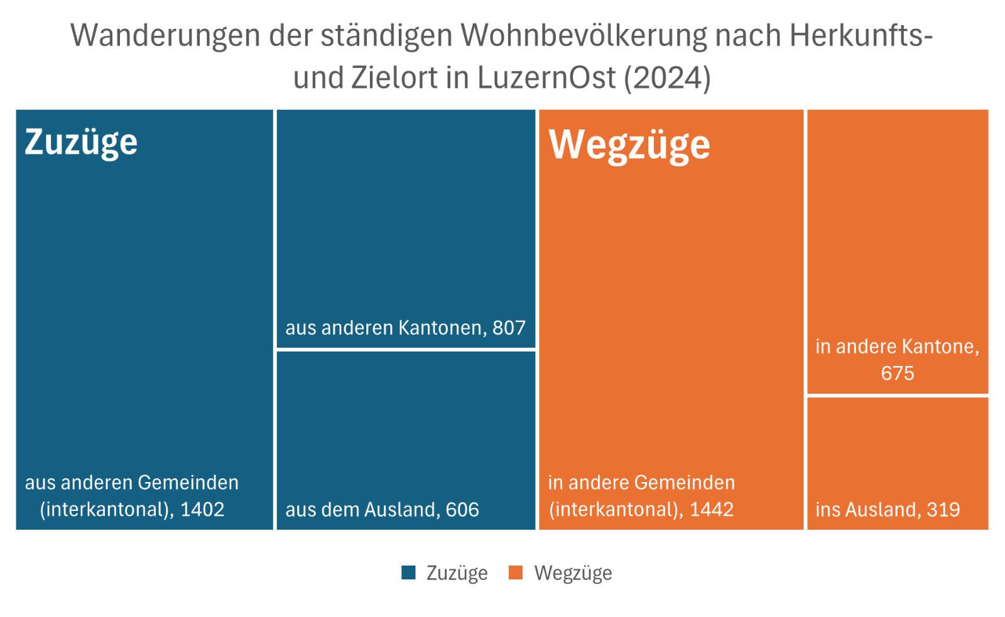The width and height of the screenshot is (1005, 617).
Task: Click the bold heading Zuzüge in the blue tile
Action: pos(81,142)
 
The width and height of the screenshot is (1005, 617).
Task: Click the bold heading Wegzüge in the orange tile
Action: pos(629,145)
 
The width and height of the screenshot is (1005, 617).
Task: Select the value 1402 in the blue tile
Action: pos(202,509)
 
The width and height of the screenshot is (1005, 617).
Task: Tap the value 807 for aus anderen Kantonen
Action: pos(509,328)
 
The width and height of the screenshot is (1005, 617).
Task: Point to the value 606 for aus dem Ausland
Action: pos(462,510)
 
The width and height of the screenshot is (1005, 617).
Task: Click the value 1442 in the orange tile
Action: pos(712,509)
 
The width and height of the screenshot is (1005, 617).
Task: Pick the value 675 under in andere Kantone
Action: pos(897,373)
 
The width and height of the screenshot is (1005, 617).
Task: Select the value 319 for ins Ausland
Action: pos(943,510)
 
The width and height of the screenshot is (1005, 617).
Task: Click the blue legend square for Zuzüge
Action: pos(408,572)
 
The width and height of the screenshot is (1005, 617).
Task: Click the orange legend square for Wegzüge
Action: pos(516,572)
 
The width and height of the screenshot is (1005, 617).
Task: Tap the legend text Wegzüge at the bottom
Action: pos(573,573)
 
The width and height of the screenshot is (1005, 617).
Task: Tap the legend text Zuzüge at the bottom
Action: pos(457,573)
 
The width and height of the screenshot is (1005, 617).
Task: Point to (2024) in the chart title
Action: pos(667,78)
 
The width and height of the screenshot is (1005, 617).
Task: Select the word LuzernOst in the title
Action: pos(546,78)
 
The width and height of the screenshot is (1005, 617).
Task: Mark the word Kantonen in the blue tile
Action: pos(439,328)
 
